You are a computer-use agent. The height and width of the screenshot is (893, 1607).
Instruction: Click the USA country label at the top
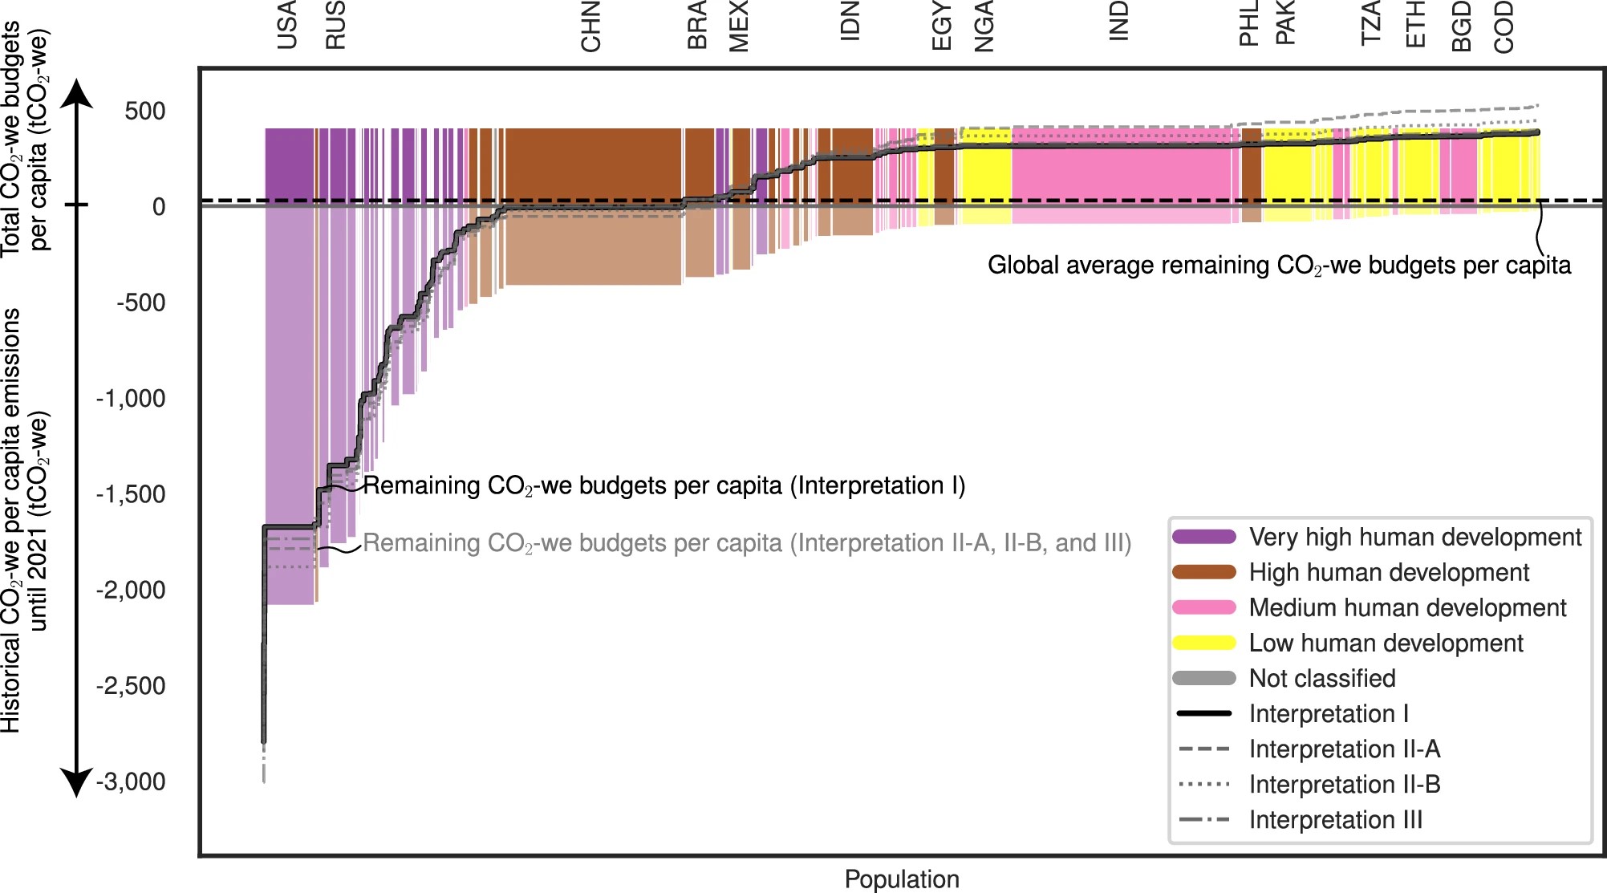click(x=286, y=26)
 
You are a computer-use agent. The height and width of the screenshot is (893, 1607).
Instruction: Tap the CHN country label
click(x=590, y=27)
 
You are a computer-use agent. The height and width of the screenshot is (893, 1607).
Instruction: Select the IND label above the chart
click(x=1118, y=21)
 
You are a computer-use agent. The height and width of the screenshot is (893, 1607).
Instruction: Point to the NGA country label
click(x=984, y=27)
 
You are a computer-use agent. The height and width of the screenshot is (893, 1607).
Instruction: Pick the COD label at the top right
click(x=1504, y=27)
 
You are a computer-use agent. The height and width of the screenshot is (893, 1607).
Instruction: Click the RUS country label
click(x=335, y=26)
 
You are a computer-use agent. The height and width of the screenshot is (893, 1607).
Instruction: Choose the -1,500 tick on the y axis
click(x=131, y=494)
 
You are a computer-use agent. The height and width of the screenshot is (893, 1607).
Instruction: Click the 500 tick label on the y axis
click(x=144, y=111)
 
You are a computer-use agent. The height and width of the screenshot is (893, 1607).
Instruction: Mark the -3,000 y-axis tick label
click(x=131, y=781)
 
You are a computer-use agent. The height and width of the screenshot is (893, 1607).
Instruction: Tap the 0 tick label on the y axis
click(x=159, y=207)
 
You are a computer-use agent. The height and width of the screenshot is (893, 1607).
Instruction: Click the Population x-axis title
click(x=902, y=879)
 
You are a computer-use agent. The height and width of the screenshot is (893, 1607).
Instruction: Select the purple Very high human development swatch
click(x=1203, y=537)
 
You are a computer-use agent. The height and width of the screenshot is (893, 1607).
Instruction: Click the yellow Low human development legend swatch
click(x=1203, y=643)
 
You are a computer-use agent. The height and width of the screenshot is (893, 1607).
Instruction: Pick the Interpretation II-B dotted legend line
click(x=1203, y=784)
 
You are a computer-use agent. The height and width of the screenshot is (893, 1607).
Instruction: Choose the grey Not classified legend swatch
click(x=1203, y=678)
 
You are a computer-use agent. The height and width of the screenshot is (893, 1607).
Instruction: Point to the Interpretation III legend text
click(x=1336, y=820)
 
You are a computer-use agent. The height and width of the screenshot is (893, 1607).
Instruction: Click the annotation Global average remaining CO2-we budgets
click(x=1279, y=266)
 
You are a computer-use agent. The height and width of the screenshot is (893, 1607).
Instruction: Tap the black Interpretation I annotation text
click(x=664, y=485)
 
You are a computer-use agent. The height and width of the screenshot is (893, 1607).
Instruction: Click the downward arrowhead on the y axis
click(x=77, y=782)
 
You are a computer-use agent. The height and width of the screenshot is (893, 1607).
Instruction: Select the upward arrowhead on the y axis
click(x=77, y=93)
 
